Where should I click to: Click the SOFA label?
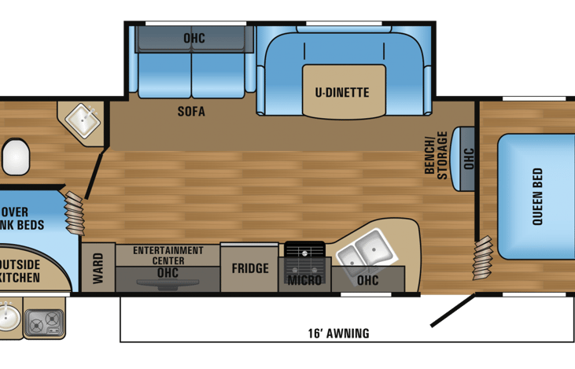pos(190,112)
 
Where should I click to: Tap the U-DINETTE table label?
pos(342,93)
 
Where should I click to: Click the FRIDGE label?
pos(250,268)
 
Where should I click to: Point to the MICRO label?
pos(304,280)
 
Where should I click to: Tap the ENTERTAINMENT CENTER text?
pos(168,255)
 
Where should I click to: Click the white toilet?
pos(15,157)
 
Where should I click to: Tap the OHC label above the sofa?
pos(194,37)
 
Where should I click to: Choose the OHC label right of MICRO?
pos(367,280)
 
